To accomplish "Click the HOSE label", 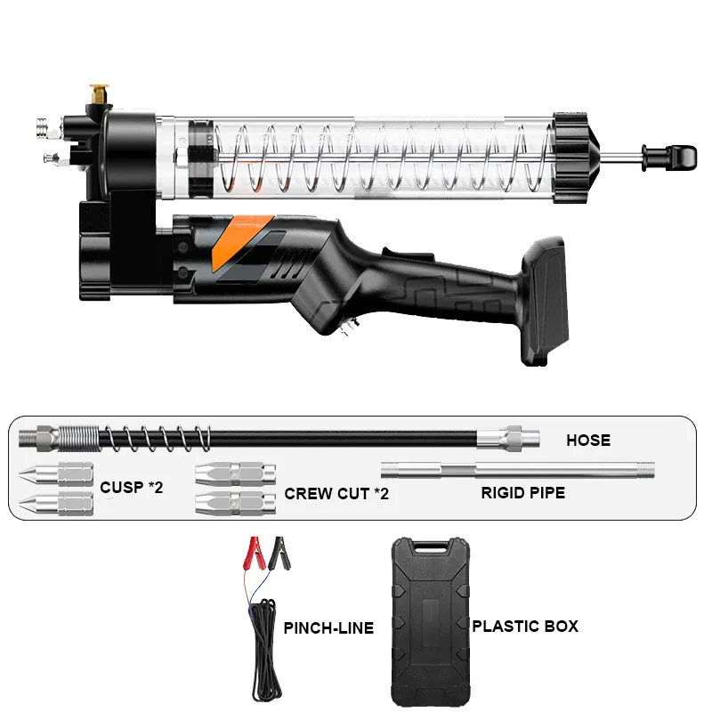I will click(588, 440).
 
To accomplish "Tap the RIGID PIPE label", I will click(523, 491).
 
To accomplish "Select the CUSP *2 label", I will click(131, 487).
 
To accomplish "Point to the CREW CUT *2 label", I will click(336, 492).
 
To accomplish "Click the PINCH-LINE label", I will click(328, 628).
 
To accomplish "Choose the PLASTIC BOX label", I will click(525, 627).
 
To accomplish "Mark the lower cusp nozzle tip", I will click(36, 504).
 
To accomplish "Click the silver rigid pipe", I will click(516, 468).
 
